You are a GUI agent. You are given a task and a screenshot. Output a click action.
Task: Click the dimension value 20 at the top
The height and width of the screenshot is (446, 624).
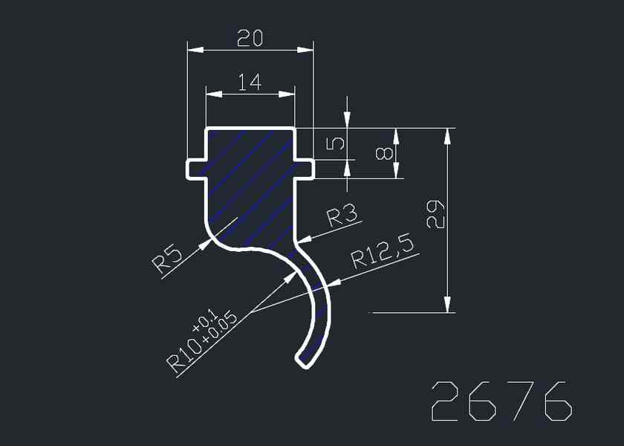[x=250, y=39]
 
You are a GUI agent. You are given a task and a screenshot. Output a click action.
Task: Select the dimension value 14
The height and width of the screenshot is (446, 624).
[x=250, y=83]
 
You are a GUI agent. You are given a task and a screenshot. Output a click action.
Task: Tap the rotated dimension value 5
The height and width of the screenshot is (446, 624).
[x=335, y=143]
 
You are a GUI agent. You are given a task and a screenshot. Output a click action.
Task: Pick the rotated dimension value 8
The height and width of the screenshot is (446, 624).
[x=385, y=153]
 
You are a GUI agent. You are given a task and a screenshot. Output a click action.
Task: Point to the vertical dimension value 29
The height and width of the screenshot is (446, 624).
[x=435, y=215]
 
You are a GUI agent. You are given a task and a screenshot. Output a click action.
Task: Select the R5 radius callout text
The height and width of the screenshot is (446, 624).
[x=168, y=261]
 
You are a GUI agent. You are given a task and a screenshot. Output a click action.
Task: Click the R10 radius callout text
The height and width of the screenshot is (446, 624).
[x=184, y=355]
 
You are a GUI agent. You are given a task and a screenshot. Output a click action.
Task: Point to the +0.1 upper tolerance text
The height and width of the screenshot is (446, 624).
[x=204, y=321]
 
